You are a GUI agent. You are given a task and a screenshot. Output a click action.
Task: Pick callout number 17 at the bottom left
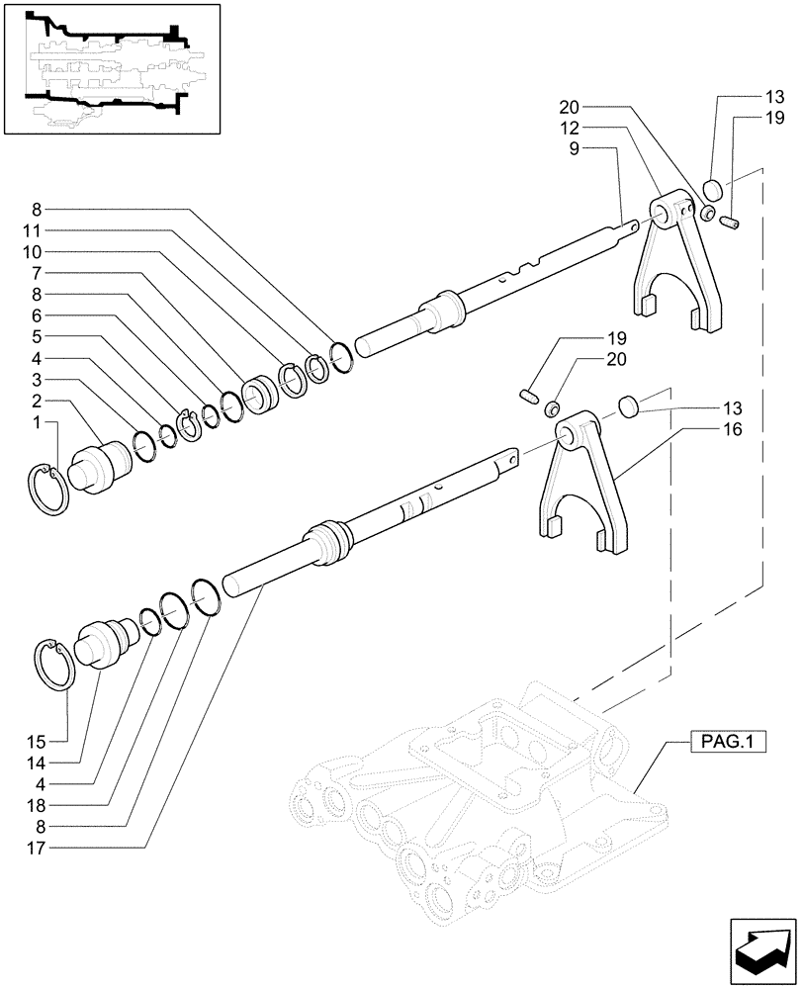coord(38,847)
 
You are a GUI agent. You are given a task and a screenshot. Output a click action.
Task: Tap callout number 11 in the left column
coord(38,230)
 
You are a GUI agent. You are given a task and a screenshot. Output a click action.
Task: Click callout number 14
coord(38,762)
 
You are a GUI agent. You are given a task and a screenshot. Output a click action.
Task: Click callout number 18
coord(38,805)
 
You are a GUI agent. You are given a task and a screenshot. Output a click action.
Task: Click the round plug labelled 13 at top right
coord(715,190)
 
